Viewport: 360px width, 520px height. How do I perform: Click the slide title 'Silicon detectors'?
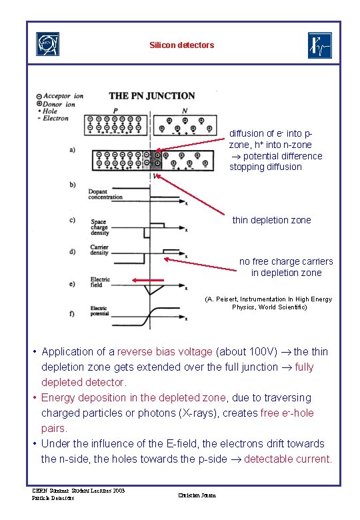[x=182, y=45]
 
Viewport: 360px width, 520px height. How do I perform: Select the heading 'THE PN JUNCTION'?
[x=152, y=96]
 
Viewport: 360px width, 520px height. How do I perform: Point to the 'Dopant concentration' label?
[x=105, y=195]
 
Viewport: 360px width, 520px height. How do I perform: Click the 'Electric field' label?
[x=100, y=282]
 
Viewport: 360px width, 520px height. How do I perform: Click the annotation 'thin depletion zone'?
[x=271, y=220]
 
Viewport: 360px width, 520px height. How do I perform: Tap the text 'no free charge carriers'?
[x=286, y=261]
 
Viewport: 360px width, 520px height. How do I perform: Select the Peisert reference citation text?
[x=269, y=303]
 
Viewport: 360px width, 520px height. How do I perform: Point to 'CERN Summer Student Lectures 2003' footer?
[x=78, y=491]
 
